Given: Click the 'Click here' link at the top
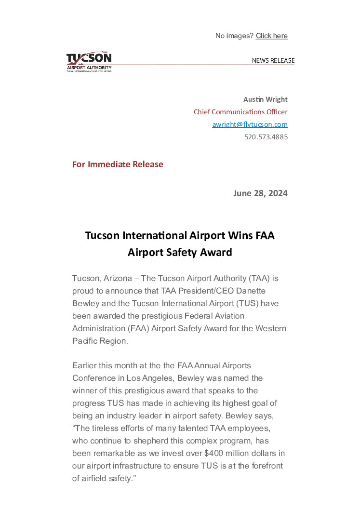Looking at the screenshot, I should [x=271, y=36].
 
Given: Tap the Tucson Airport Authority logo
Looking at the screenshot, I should [x=89, y=62].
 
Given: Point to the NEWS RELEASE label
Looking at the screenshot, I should [x=273, y=60].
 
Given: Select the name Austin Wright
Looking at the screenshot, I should [x=265, y=99].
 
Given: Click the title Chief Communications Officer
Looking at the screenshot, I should [x=240, y=112].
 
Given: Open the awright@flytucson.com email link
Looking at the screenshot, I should [x=250, y=124].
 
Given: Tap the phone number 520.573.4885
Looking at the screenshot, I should [x=266, y=137].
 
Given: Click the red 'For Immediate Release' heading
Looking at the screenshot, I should [x=118, y=164].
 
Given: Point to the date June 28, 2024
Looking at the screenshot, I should [x=260, y=193].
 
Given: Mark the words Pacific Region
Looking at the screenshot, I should [x=100, y=341].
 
